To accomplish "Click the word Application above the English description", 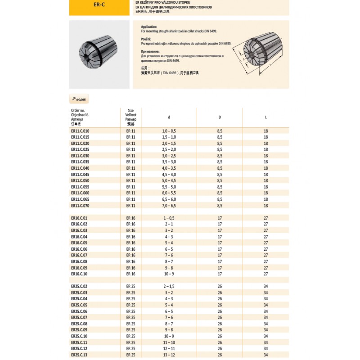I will [149, 27].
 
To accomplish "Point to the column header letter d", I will [169, 117].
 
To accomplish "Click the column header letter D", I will [220, 117].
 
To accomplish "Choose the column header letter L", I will [266, 117].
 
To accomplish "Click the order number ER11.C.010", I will [80, 130].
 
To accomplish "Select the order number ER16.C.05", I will [79, 243].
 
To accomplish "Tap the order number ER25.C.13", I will [79, 355].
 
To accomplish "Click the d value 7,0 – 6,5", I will [169, 206].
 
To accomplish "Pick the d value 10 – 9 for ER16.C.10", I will [169, 274].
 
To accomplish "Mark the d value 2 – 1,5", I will [169, 286].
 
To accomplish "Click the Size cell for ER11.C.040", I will [130, 168].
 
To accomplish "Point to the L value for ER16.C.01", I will [266, 218].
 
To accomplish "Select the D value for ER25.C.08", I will [220, 324].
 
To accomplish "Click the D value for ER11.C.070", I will [220, 206].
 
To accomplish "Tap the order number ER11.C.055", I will [80, 187].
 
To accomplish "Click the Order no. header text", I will [78, 110].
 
